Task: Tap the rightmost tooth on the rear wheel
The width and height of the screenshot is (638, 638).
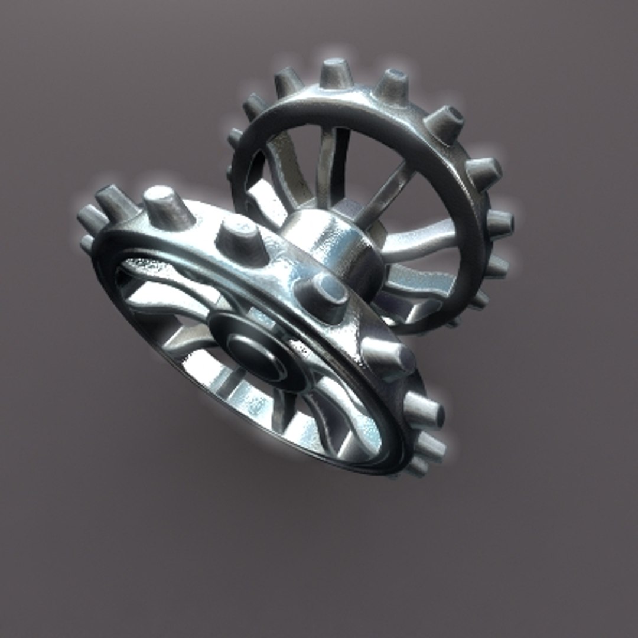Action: tap(499, 223)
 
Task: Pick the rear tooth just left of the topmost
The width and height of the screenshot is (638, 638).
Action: tap(289, 83)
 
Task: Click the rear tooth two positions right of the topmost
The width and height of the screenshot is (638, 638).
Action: tap(444, 124)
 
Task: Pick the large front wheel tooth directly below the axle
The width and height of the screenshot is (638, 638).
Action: tap(387, 357)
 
